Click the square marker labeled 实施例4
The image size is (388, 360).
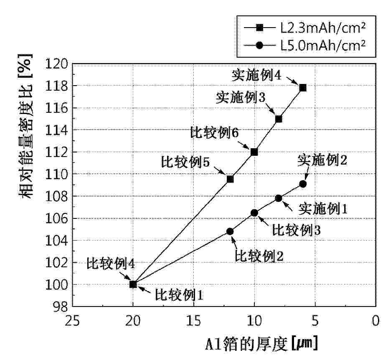point(303,88)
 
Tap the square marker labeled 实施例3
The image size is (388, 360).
point(279,119)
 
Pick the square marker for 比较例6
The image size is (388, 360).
point(254,152)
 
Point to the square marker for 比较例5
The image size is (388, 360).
point(230,179)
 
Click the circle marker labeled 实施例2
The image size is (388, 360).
point(303,184)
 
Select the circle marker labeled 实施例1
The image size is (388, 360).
point(279,198)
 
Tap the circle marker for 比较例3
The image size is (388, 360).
point(254,213)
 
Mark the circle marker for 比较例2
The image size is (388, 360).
point(230,231)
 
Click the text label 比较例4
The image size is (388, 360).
point(110,264)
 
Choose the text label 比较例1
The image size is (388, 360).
point(179,295)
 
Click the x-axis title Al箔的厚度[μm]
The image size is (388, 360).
point(261,344)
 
